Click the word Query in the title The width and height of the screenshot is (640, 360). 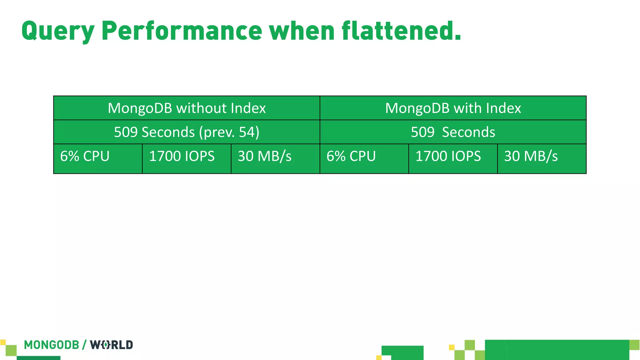click(x=58, y=31)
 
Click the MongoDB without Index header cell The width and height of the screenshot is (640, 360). click(x=187, y=108)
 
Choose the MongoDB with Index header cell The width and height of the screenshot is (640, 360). click(x=453, y=108)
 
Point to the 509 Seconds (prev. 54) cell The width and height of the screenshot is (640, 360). click(x=187, y=132)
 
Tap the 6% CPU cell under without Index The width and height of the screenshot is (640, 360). click(x=98, y=158)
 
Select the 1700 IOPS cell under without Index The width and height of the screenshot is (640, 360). click(x=187, y=158)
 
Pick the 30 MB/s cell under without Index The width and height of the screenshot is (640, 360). click(x=275, y=158)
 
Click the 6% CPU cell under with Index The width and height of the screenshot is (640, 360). click(x=364, y=158)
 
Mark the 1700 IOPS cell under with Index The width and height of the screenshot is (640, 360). click(x=453, y=158)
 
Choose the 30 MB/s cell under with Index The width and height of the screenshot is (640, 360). click(x=542, y=158)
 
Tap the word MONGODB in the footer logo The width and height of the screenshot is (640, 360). click(x=52, y=345)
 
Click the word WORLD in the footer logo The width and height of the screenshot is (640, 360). click(x=112, y=345)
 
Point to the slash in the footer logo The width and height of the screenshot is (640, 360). click(x=84, y=345)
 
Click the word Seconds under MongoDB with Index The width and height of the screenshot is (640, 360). click(x=468, y=132)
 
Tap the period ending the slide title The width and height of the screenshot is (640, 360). click(x=457, y=38)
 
